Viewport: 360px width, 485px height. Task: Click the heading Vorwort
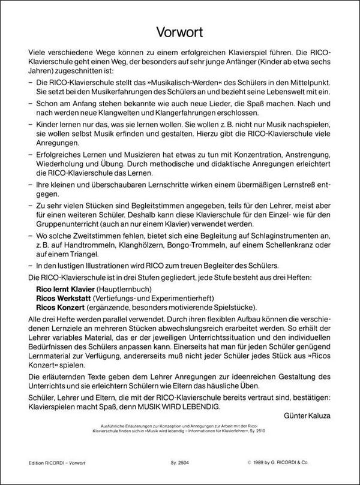(179, 30)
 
